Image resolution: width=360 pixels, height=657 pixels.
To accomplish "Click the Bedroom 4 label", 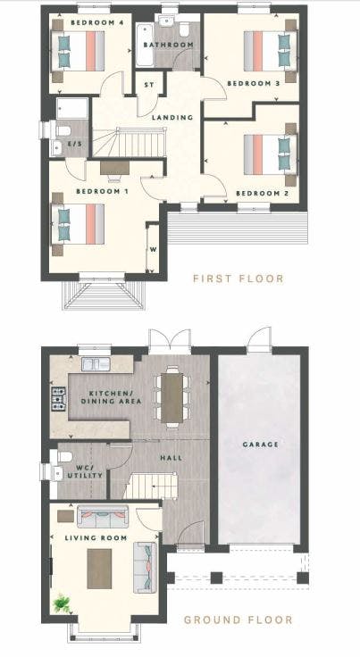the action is coord(96,22).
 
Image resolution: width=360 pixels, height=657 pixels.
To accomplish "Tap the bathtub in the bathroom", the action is coord(144,45).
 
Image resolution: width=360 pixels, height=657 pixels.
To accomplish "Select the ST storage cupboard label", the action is coord(148,85).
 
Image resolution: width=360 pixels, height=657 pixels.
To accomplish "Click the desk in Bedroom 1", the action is coord(114,168).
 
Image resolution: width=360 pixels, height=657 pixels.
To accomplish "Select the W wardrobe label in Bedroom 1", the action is coord(153,250).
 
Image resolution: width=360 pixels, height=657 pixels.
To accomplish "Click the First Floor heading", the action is coord(238,279).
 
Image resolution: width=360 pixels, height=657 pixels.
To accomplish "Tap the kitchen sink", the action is coord(96,364).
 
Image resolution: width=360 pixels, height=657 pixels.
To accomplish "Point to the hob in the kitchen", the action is coord(59,398).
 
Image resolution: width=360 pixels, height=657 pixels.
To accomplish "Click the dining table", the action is coord(172,397).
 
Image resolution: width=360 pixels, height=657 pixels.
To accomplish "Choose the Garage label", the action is coord(260,445).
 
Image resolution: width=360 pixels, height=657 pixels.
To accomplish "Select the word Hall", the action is coord(172,458).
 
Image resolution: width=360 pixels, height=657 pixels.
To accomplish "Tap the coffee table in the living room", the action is coord(99,569).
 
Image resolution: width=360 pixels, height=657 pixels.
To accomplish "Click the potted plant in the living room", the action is coord(61,603).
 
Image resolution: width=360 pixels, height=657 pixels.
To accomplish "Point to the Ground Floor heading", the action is coord(238,620).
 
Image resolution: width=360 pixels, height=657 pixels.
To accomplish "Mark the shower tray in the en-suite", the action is coord(72,108).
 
